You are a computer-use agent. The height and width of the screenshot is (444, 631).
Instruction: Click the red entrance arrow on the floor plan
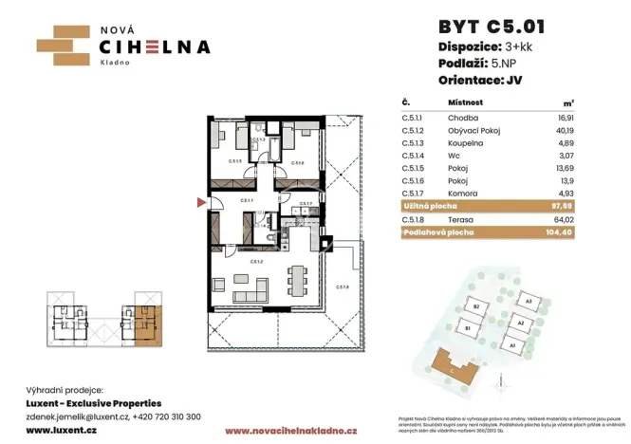coord(200,202)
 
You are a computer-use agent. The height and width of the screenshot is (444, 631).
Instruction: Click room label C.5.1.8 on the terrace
coord(343,287)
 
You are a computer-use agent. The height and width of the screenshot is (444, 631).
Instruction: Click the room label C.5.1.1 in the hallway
coord(246,201)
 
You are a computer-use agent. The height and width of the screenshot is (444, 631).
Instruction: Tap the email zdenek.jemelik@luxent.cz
coord(77,416)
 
